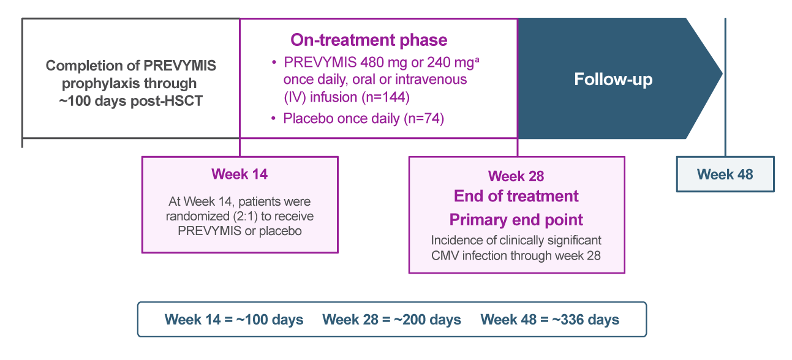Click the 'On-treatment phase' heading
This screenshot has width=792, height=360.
pos(369,40)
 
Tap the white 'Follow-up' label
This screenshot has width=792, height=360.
pos(613,80)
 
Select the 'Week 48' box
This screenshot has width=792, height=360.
pos(725,174)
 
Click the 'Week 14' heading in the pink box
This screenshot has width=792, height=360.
pos(239,174)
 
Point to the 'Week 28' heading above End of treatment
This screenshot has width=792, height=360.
pos(516,176)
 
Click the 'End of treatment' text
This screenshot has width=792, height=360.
pos(516,197)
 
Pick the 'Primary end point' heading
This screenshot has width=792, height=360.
pos(516,220)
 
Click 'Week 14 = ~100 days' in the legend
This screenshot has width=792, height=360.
pos(233,320)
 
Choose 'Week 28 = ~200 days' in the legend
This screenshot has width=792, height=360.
pos(391,320)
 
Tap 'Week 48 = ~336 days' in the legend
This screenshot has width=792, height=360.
pos(549,320)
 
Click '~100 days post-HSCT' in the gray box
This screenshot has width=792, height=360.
pos(130,99)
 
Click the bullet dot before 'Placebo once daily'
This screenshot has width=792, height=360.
pos(274,119)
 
